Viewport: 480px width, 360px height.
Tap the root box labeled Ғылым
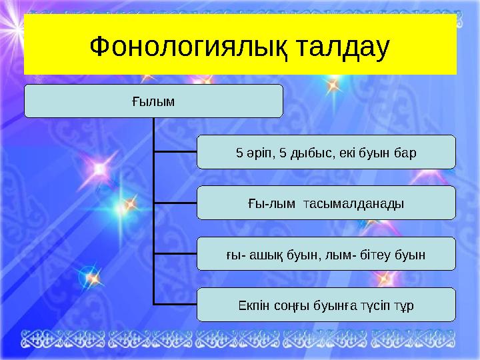click(153, 101)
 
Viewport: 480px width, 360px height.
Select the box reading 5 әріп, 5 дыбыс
click(326, 153)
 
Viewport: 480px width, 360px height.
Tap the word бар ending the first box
click(405, 153)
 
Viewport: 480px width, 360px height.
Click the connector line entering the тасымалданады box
click(175, 203)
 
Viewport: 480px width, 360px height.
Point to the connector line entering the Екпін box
click(175, 305)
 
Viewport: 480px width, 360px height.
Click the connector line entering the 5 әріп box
click(175, 151)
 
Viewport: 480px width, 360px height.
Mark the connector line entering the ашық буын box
click(175, 253)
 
